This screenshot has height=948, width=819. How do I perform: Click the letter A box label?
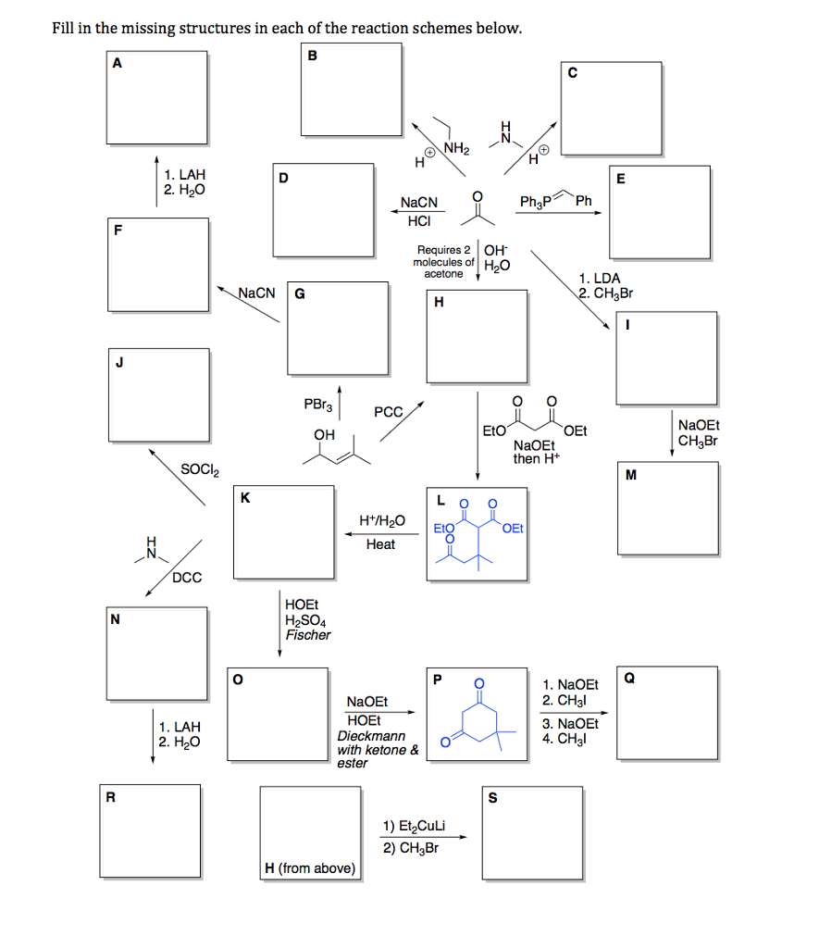(x=117, y=63)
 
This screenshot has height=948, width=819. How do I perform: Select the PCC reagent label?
(x=388, y=412)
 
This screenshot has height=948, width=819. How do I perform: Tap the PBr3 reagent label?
(x=316, y=405)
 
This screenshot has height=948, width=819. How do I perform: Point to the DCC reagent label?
(x=185, y=578)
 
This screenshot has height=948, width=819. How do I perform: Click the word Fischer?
(x=307, y=635)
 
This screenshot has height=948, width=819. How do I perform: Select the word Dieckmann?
(x=370, y=736)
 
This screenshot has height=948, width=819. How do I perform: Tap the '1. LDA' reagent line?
(x=600, y=278)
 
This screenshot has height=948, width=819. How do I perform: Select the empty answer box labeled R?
(x=152, y=832)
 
